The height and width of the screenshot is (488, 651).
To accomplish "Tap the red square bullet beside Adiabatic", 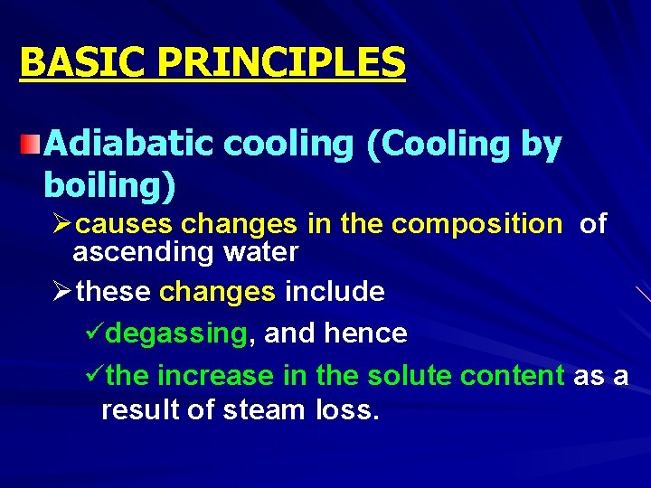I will coord(32,143).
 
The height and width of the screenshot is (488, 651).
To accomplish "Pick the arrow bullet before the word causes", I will coord(61,224).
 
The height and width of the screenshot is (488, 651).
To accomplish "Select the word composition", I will coord(476,224).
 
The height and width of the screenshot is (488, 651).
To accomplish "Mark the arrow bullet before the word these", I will coord(61,292).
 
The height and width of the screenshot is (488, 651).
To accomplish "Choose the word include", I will coord(335,292).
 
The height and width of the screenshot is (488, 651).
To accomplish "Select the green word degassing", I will coord(176,333).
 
